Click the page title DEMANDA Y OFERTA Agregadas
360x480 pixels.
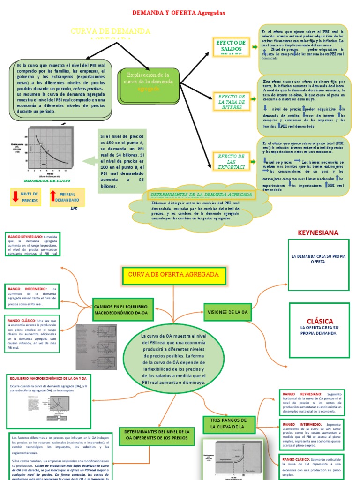tap(179, 13)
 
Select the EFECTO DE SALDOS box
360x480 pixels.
tap(230, 47)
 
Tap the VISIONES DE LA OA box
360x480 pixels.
tap(227, 312)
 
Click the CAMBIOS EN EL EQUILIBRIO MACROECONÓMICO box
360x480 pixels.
tap(121, 309)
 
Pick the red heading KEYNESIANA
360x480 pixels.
tap(318, 232)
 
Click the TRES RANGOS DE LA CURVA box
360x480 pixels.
tap(229, 424)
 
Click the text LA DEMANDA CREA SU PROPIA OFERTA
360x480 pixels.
tap(318, 259)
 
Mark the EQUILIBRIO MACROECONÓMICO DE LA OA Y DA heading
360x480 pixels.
tap(49, 378)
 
